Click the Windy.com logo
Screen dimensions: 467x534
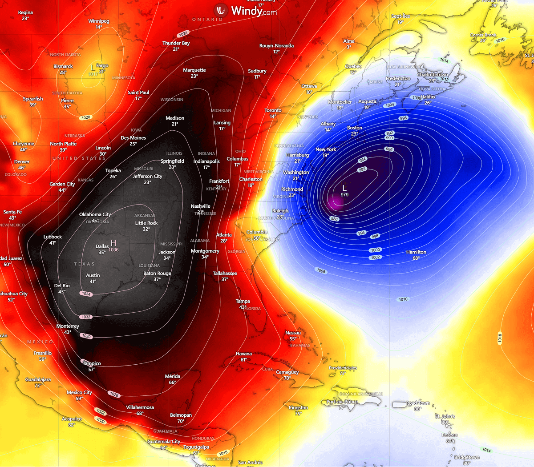point(245,11)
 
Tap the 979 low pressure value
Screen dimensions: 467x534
point(344,195)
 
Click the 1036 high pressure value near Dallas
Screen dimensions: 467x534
point(113,250)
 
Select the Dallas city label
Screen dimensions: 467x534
point(102,246)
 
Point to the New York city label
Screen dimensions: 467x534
point(326,149)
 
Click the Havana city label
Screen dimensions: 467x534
point(244,354)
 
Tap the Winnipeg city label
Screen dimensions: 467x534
point(99,21)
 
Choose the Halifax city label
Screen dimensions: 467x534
point(428,97)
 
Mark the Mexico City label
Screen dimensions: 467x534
point(79,393)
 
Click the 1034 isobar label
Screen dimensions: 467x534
point(86,294)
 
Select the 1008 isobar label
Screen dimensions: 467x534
point(321,271)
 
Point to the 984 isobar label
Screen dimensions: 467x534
point(362,160)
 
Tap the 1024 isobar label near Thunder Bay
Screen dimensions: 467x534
point(183,34)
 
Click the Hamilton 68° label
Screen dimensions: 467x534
point(416,252)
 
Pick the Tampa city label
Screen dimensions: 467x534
point(243,302)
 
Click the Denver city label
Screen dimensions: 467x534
point(22,162)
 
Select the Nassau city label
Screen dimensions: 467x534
point(293,333)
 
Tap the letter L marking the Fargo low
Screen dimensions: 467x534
point(92,68)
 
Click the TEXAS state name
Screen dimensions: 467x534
point(84,264)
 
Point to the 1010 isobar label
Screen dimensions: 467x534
point(403,299)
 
